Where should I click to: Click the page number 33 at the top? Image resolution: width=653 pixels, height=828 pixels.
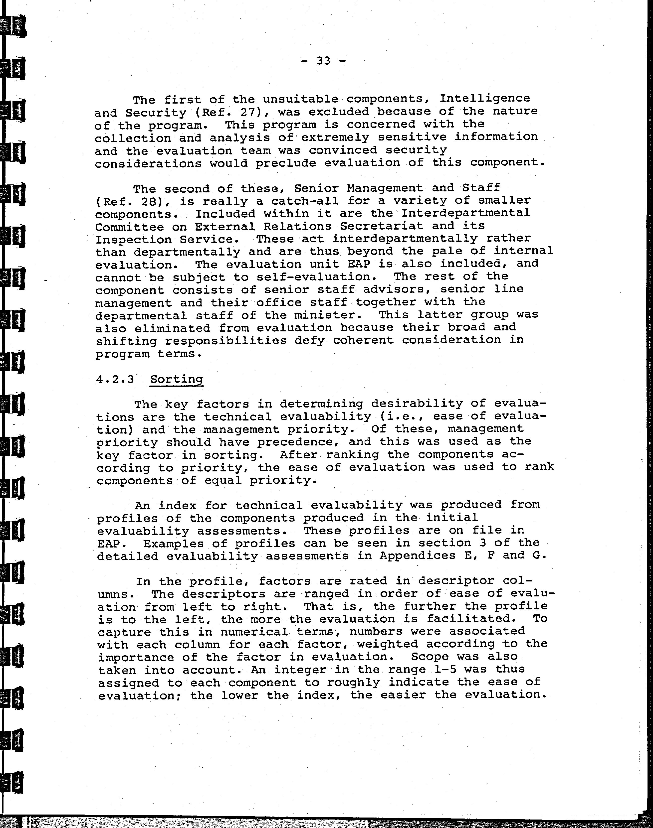click(323, 60)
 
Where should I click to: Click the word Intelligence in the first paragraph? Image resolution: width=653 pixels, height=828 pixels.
click(484, 98)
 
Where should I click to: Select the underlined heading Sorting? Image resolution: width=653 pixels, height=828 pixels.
click(176, 379)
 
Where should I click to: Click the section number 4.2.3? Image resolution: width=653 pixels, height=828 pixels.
click(115, 379)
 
